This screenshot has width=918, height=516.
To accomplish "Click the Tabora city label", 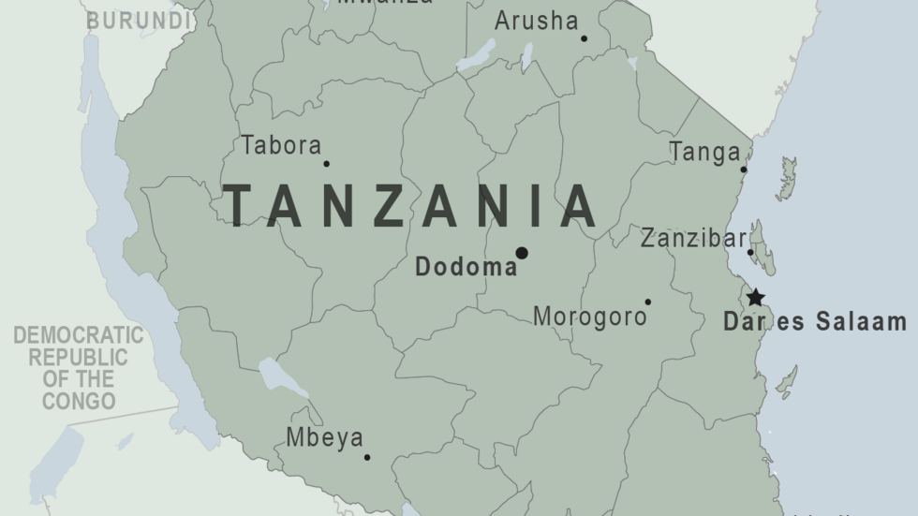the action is tap(281, 146).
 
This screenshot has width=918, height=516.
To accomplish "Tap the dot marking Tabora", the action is tap(326, 164).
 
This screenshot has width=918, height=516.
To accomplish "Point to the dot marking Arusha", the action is tap(584, 38).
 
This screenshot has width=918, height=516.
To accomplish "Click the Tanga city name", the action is tap(704, 152).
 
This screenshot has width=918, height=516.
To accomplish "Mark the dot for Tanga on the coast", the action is tap(744, 170).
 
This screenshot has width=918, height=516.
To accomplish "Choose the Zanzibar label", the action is tap(693, 239).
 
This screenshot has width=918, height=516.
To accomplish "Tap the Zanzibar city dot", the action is tap(750, 252).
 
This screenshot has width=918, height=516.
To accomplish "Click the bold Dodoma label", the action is tap(466, 268).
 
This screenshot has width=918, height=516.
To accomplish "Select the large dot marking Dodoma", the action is tap(522, 253).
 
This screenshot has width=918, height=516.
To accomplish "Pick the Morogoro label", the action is tap(589, 317).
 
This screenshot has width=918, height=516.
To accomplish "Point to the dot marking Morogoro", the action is tap(647, 302).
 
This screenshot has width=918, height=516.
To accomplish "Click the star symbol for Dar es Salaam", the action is tap(755, 299).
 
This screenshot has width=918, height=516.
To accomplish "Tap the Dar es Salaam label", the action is tap(814, 323).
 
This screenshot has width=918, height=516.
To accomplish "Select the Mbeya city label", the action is tap(324, 437).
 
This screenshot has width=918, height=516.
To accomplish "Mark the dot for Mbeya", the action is tap(367, 458).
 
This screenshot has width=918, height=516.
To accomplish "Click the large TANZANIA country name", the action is tap(411, 207).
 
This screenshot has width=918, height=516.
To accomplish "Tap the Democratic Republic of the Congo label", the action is tap(78, 368).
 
